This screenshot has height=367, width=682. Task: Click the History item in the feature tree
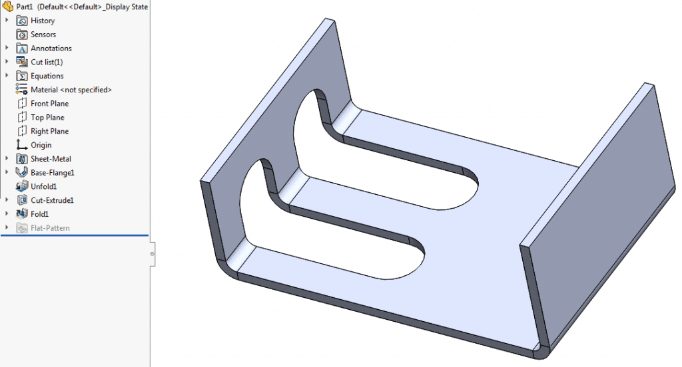[43, 21]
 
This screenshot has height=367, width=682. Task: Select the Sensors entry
[43, 35]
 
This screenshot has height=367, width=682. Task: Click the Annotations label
[51, 49]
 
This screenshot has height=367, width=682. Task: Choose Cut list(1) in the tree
[47, 62]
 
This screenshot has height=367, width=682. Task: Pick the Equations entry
[47, 76]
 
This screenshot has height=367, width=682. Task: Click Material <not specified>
[71, 90]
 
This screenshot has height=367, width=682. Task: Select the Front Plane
[49, 104]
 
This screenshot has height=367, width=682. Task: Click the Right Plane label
[49, 132]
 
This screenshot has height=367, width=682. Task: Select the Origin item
[41, 145]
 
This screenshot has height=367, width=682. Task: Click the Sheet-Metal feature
[51, 159]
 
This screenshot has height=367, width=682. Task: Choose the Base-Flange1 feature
[53, 173]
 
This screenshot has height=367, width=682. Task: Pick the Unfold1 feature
[44, 187]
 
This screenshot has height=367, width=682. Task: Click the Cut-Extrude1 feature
[52, 200]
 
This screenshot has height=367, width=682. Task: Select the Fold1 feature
[39, 214]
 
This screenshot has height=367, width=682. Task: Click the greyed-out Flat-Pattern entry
[50, 228]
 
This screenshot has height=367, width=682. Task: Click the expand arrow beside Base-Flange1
[7, 173]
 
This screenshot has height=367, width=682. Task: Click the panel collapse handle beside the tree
[153, 254]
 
